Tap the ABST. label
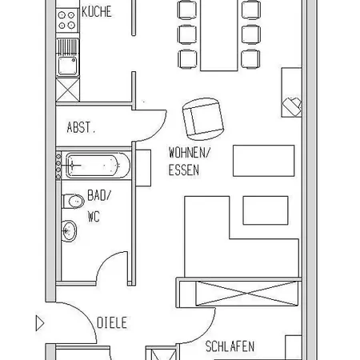point(81,127)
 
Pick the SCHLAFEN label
point(230,346)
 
